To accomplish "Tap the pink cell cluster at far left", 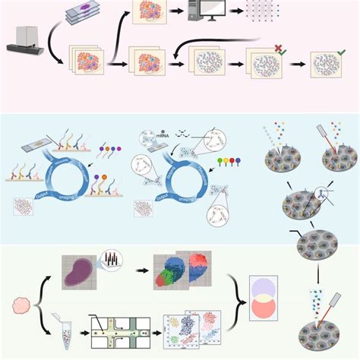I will (23, 307).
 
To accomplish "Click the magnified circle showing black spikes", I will (111, 263).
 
